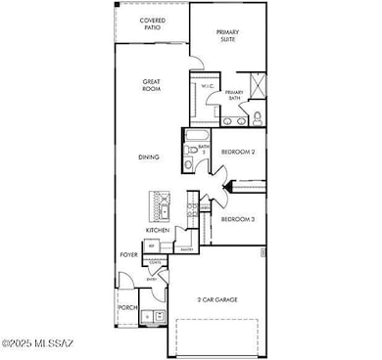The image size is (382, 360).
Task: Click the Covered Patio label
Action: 151,24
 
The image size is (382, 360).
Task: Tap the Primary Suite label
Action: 228,36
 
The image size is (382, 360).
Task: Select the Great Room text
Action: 151,86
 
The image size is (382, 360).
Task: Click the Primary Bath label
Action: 234,96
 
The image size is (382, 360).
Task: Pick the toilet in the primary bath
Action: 258,118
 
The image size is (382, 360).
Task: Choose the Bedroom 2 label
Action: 238,153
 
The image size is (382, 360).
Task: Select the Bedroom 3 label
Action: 238,219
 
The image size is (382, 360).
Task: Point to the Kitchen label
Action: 158,230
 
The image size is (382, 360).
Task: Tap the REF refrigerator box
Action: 153,247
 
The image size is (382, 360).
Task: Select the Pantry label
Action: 186,249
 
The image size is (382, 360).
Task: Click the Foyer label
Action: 128,254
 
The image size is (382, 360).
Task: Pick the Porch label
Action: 127,307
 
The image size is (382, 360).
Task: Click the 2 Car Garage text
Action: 218,299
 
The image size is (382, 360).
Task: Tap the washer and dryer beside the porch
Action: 152,316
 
